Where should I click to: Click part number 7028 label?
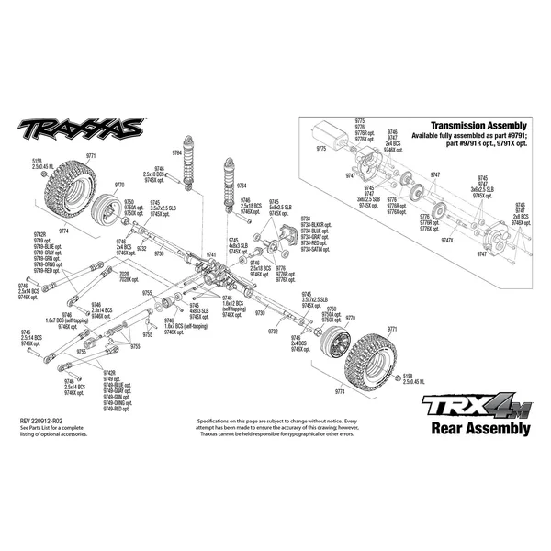[123, 273]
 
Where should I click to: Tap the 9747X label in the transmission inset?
[448, 239]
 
